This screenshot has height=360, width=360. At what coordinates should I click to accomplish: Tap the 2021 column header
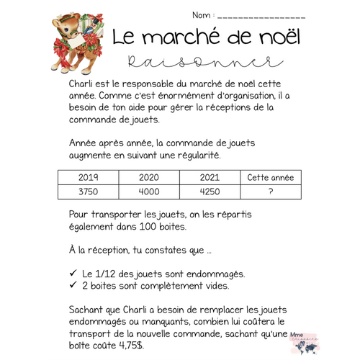[x=209, y=177]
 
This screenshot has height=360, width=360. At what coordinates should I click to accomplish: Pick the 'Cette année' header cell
[x=270, y=177]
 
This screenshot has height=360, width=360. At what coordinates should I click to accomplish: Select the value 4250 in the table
[x=209, y=192]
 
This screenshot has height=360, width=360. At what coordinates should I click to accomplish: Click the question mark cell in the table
[x=270, y=192]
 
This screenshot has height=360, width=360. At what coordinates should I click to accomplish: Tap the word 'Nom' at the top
[x=201, y=15]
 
